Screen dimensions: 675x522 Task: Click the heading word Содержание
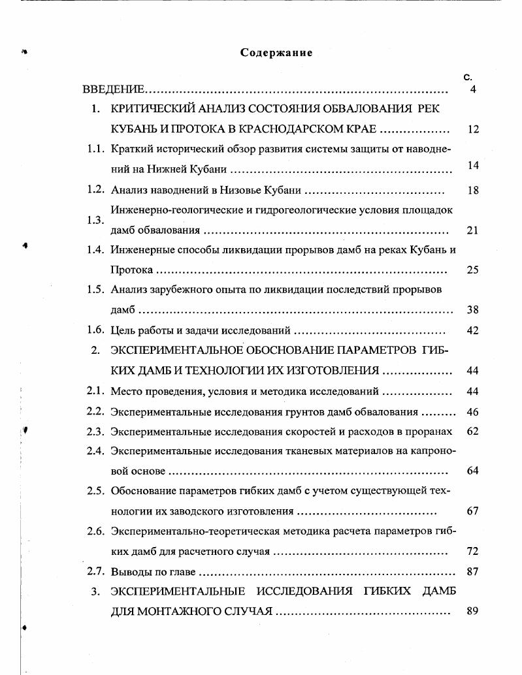pyautogui.click(x=276, y=53)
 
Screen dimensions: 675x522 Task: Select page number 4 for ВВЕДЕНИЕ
pyautogui.click(x=473, y=89)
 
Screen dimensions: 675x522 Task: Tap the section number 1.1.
pyautogui.click(x=96, y=149)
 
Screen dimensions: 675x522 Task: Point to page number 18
pyautogui.click(x=473, y=191)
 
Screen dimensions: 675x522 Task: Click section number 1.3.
pyautogui.click(x=96, y=220)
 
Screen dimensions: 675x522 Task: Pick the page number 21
pyautogui.click(x=473, y=230)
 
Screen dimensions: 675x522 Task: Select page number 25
pyautogui.click(x=473, y=270)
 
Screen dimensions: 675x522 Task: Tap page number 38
pyautogui.click(x=473, y=310)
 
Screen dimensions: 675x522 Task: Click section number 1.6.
pyautogui.click(x=96, y=330)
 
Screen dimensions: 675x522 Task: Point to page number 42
pyautogui.click(x=473, y=330)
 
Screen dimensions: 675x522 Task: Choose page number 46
pyautogui.click(x=473, y=412)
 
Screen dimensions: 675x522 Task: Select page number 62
pyautogui.click(x=473, y=432)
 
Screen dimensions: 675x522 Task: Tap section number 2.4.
pyautogui.click(x=96, y=451)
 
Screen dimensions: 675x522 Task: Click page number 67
pyautogui.click(x=473, y=511)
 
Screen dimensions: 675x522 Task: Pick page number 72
pyautogui.click(x=473, y=552)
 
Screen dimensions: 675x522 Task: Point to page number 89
pyautogui.click(x=473, y=612)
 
